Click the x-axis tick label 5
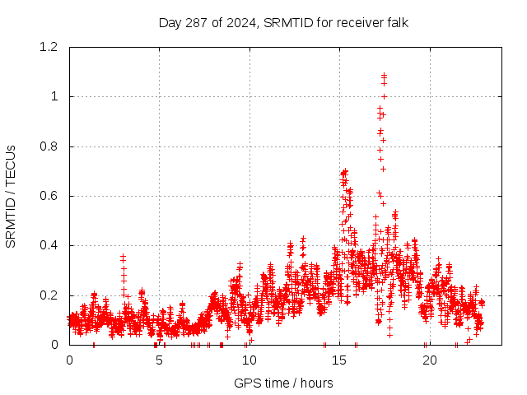tap(159, 360)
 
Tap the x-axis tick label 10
tap(249, 360)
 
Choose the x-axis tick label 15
tap(338, 360)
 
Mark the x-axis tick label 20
tap(428, 360)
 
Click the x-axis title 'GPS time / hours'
tap(283, 383)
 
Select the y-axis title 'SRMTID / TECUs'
tap(11, 196)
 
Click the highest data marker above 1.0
tap(384, 76)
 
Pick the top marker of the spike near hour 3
tap(123, 257)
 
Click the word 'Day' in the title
tap(170, 22)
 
